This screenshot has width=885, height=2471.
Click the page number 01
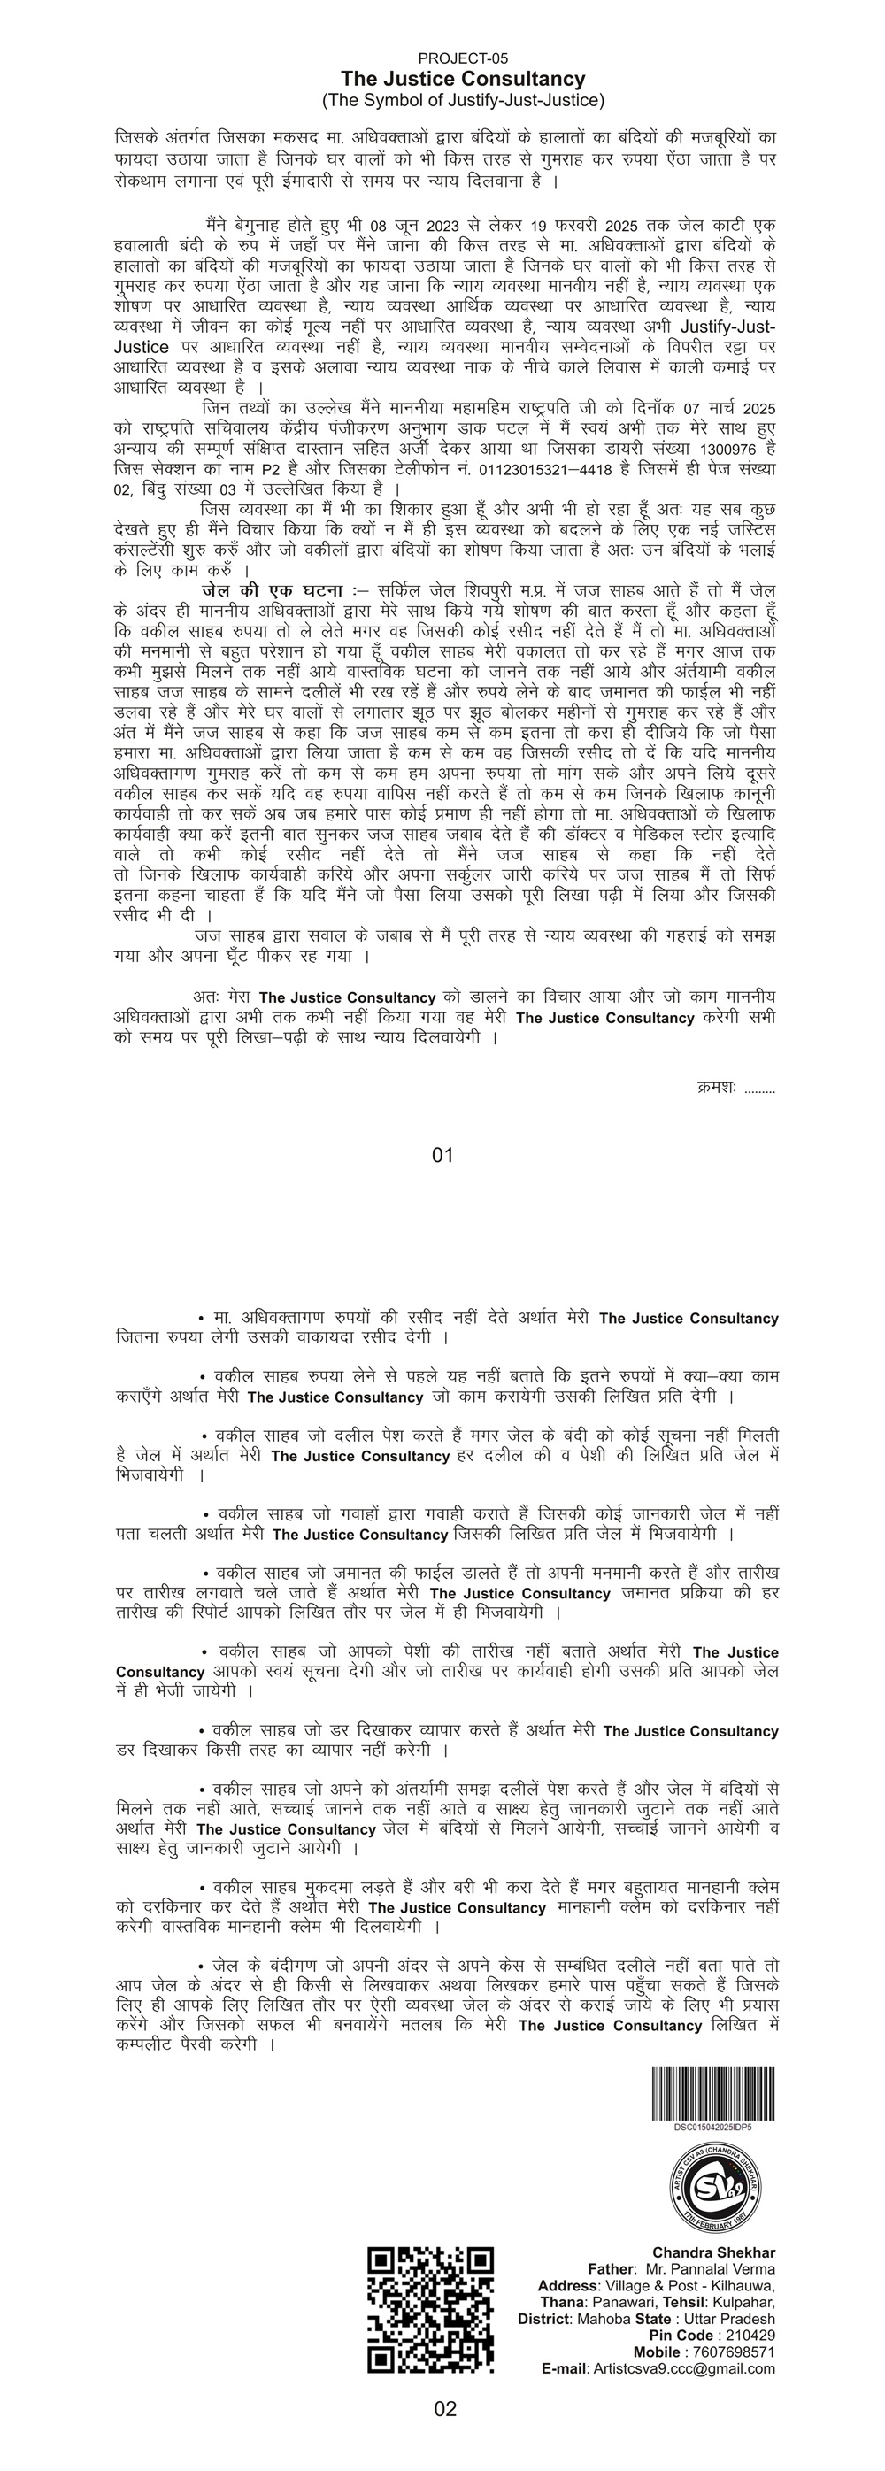442,1155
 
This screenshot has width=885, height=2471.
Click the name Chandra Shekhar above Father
713,2252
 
